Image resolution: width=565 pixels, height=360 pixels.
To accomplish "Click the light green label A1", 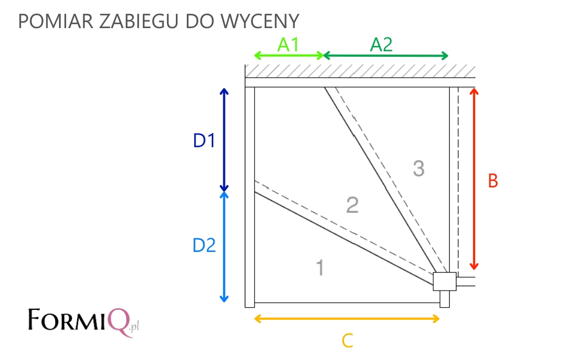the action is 288,45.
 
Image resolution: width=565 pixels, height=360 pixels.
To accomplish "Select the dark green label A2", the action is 381,45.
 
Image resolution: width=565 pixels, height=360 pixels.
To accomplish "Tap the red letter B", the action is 493,181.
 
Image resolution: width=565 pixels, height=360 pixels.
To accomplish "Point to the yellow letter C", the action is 347,341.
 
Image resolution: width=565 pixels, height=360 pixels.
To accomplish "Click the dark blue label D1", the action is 204,141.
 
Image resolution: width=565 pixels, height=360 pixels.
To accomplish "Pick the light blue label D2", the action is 204,245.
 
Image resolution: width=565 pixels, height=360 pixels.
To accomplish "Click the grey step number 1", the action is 320,268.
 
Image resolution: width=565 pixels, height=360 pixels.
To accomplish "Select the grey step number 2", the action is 352,205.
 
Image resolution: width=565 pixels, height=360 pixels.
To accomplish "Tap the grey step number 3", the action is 418,168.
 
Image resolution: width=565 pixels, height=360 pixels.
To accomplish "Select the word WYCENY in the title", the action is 260,22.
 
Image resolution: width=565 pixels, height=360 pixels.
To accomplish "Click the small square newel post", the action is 445,282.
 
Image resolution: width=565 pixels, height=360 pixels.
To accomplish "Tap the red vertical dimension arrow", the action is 474,179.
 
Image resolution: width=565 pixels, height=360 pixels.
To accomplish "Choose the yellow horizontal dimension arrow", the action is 347,319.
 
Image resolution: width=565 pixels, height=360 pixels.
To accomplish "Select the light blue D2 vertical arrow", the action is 224,247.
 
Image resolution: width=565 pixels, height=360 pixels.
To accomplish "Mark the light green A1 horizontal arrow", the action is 289,56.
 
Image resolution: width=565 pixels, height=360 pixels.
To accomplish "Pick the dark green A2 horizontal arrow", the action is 386,56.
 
